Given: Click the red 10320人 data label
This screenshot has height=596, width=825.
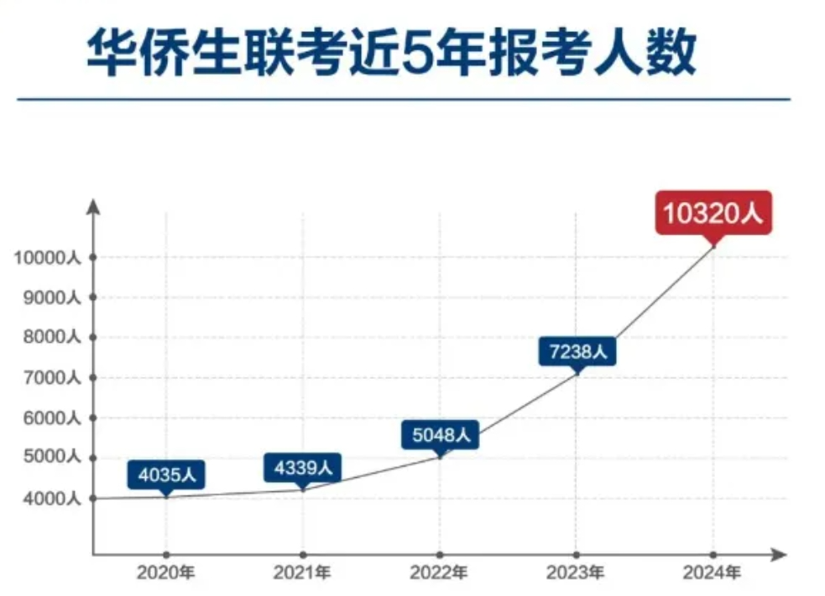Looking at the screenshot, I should [713, 213].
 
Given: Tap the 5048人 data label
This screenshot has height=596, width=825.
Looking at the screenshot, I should [441, 435].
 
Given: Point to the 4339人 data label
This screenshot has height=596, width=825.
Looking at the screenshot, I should [303, 467].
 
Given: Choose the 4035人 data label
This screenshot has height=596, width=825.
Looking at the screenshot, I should [166, 474].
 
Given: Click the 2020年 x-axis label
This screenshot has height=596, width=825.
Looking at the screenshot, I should [166, 574].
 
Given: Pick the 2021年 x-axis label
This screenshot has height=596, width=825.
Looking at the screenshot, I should [303, 574].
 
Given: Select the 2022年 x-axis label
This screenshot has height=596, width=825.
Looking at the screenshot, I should [440, 574].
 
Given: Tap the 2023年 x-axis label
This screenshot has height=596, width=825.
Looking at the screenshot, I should [576, 574].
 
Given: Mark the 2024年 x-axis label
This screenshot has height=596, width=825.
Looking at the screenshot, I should [713, 574].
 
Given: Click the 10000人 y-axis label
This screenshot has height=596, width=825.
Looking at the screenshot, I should [46, 257].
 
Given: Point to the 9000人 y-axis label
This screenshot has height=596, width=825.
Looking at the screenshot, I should [50, 298].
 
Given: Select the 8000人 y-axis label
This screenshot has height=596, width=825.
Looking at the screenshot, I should [50, 338].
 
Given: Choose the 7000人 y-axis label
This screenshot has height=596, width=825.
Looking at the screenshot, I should [50, 378].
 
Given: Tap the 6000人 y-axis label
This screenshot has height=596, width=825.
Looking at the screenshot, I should [50, 418].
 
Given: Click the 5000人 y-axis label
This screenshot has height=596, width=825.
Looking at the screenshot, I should [50, 459].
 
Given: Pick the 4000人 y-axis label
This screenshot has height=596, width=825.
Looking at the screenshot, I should [50, 499].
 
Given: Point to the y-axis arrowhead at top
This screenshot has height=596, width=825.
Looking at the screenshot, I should [93, 205].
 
